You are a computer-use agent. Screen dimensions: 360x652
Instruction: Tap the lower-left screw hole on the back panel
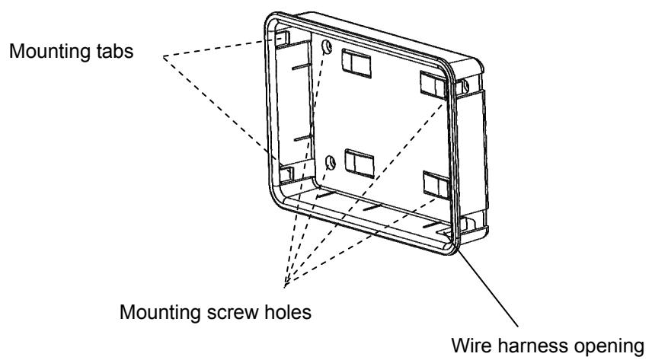tap(331, 161)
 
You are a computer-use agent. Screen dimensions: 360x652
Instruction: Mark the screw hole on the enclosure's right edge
tap(462, 90)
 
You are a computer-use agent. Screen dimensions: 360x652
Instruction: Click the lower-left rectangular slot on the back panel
tap(356, 161)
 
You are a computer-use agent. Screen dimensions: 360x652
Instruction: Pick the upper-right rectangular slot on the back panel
tap(433, 86)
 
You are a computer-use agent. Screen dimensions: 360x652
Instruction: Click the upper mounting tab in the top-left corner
tap(279, 37)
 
